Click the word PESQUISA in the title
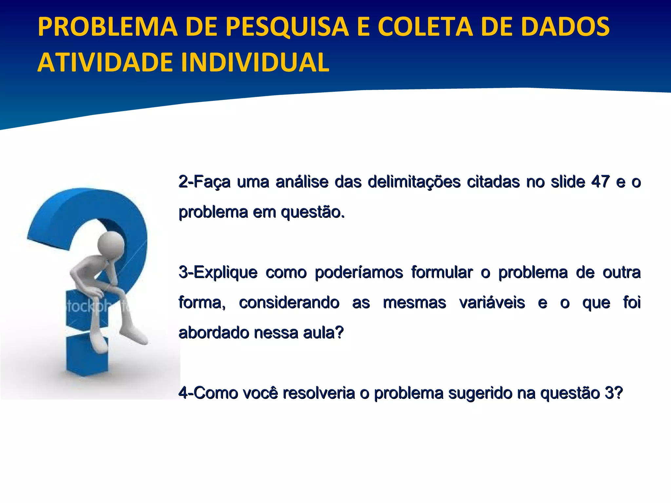pyautogui.click(x=287, y=27)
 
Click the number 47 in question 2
pyautogui.click(x=600, y=182)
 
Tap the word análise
pyautogui.click(x=302, y=182)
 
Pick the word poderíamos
pyautogui.click(x=359, y=272)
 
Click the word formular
pyautogui.click(x=442, y=272)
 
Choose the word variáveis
pyautogui.click(x=492, y=303)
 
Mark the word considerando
pyautogui.click(x=289, y=303)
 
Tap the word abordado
pyautogui.click(x=214, y=333)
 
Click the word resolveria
pyautogui.click(x=318, y=393)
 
